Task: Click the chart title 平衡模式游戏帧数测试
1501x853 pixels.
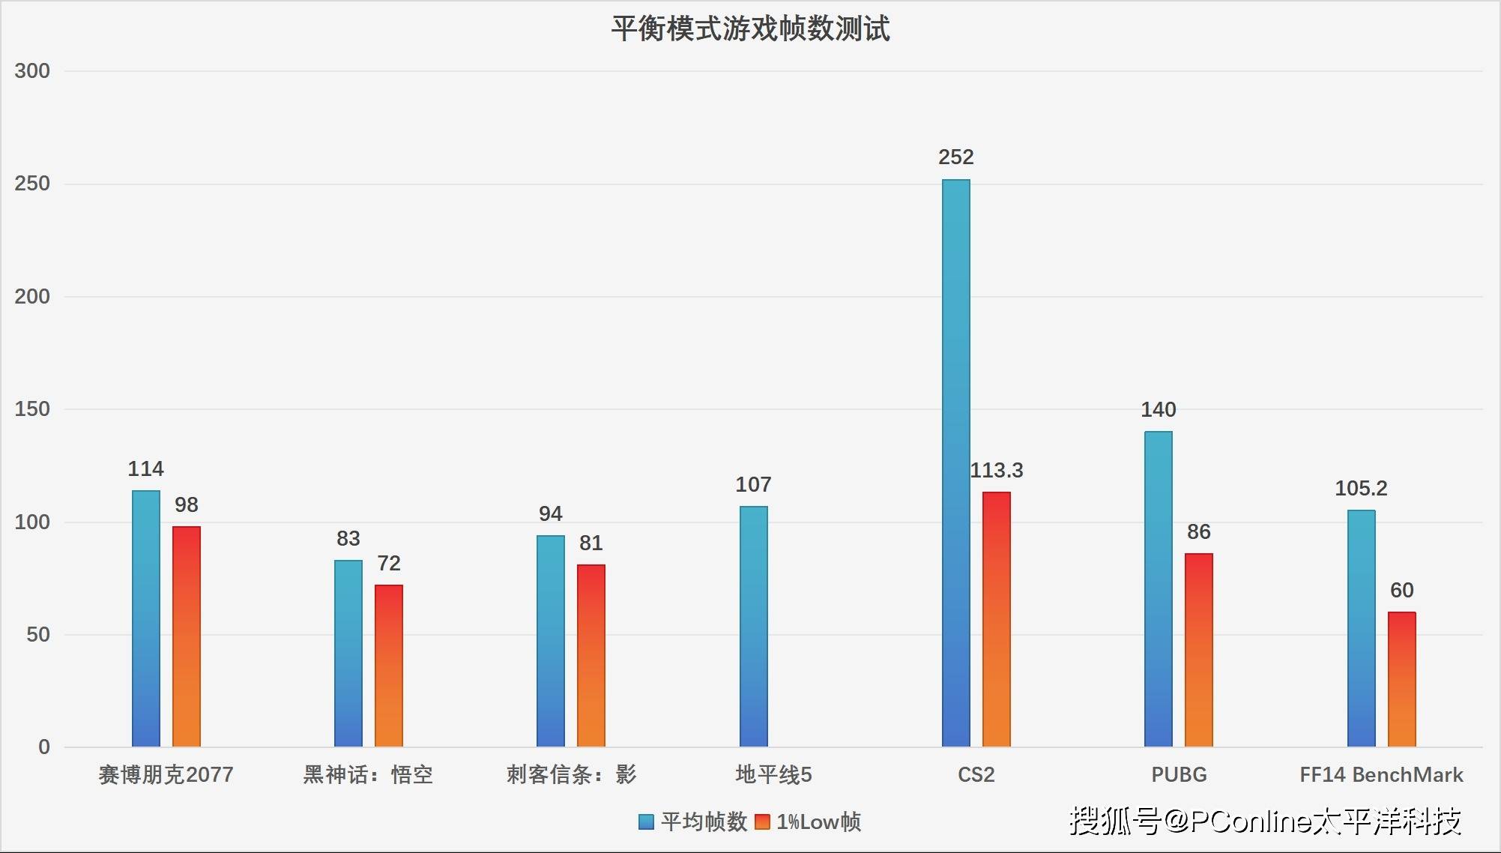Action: coord(750,28)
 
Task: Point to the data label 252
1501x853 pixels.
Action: coord(955,157)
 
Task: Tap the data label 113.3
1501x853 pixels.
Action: coord(996,470)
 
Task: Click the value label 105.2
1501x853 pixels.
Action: coord(1361,488)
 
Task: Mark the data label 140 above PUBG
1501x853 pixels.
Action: coord(1158,409)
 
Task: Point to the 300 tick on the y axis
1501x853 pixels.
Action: coord(32,71)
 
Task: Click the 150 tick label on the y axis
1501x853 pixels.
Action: coord(32,409)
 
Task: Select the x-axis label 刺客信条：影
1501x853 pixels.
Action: coord(571,774)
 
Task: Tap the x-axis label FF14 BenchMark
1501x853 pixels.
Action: coord(1381,774)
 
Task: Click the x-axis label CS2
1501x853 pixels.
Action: coord(976,774)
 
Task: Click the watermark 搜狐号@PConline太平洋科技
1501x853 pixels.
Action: coord(1265,821)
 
